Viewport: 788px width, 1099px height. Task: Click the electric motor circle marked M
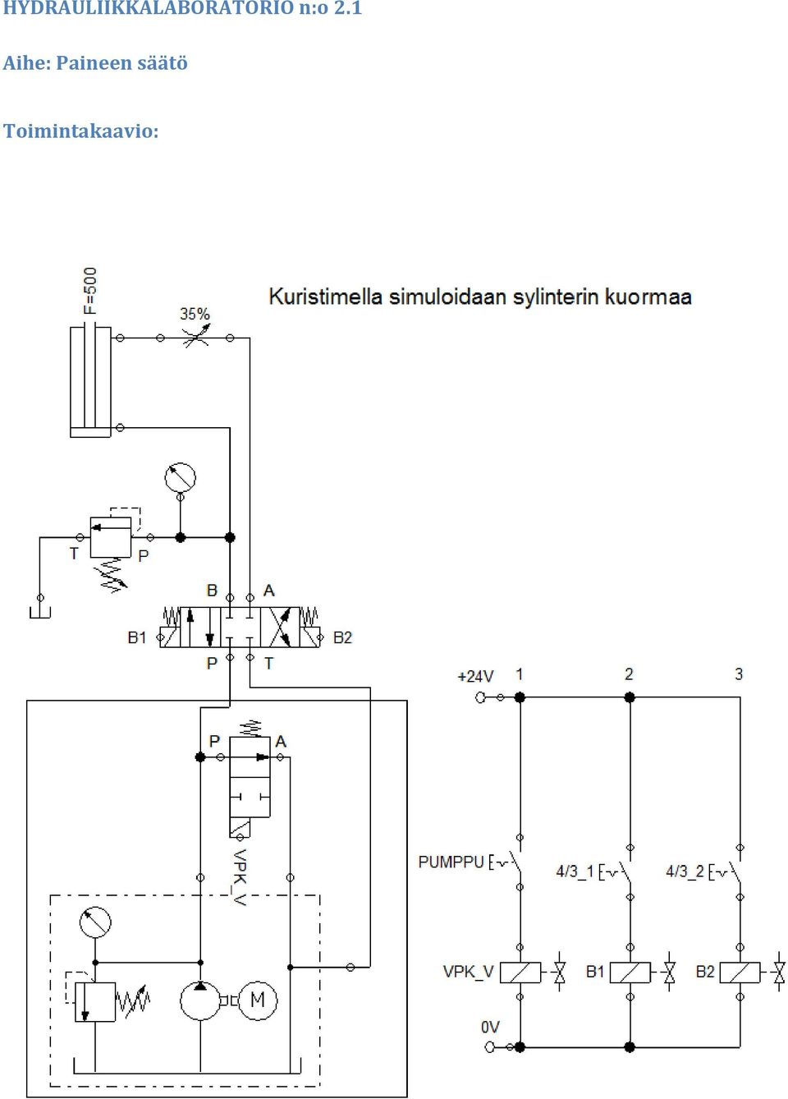[x=258, y=1000]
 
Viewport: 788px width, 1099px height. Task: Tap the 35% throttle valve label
[x=195, y=314]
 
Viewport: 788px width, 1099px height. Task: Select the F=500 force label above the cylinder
[x=91, y=291]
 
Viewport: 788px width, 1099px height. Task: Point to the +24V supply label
[x=475, y=677]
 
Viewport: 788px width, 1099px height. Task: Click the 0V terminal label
[x=490, y=1027]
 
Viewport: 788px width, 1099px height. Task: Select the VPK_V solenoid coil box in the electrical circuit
[x=520, y=972]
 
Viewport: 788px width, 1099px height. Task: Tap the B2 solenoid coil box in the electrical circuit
[x=740, y=972]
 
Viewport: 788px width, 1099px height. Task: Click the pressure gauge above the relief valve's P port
[x=181, y=477]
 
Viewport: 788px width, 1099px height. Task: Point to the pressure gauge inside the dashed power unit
[x=95, y=922]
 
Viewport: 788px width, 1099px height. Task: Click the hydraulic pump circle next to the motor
[x=200, y=1000]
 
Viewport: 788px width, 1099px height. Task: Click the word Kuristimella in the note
[x=326, y=297]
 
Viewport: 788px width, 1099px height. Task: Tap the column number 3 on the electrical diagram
[x=739, y=674]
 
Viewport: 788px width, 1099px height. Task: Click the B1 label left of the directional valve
[x=137, y=637]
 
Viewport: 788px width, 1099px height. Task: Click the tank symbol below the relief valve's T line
[x=40, y=612]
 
